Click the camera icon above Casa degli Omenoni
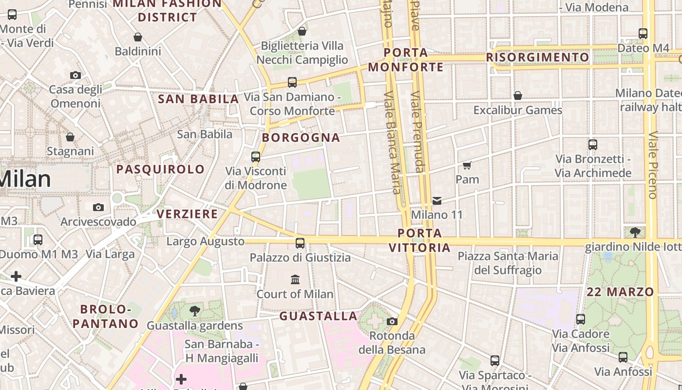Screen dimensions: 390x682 point(75,75)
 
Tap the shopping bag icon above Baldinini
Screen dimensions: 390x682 point(138,37)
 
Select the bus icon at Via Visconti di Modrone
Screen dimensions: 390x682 point(256,157)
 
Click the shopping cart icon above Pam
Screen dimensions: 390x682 point(467,165)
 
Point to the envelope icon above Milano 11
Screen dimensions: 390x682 point(437,200)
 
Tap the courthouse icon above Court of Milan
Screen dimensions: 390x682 point(295,279)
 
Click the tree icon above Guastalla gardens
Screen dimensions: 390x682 point(195,311)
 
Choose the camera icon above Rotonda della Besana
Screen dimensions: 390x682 point(392,321)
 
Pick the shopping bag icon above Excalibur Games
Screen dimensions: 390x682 point(518,96)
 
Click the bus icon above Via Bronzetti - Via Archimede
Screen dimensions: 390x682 point(593,145)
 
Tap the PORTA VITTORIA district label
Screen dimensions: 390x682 point(419,240)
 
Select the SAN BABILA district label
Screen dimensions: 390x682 point(198,99)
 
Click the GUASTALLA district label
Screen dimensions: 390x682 point(318,316)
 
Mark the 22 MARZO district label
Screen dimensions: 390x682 point(620,292)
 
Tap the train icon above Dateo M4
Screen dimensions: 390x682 point(643,34)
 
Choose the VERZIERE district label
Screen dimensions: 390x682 point(187,214)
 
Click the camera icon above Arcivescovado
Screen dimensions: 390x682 point(98,208)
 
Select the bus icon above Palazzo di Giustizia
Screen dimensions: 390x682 point(300,243)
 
